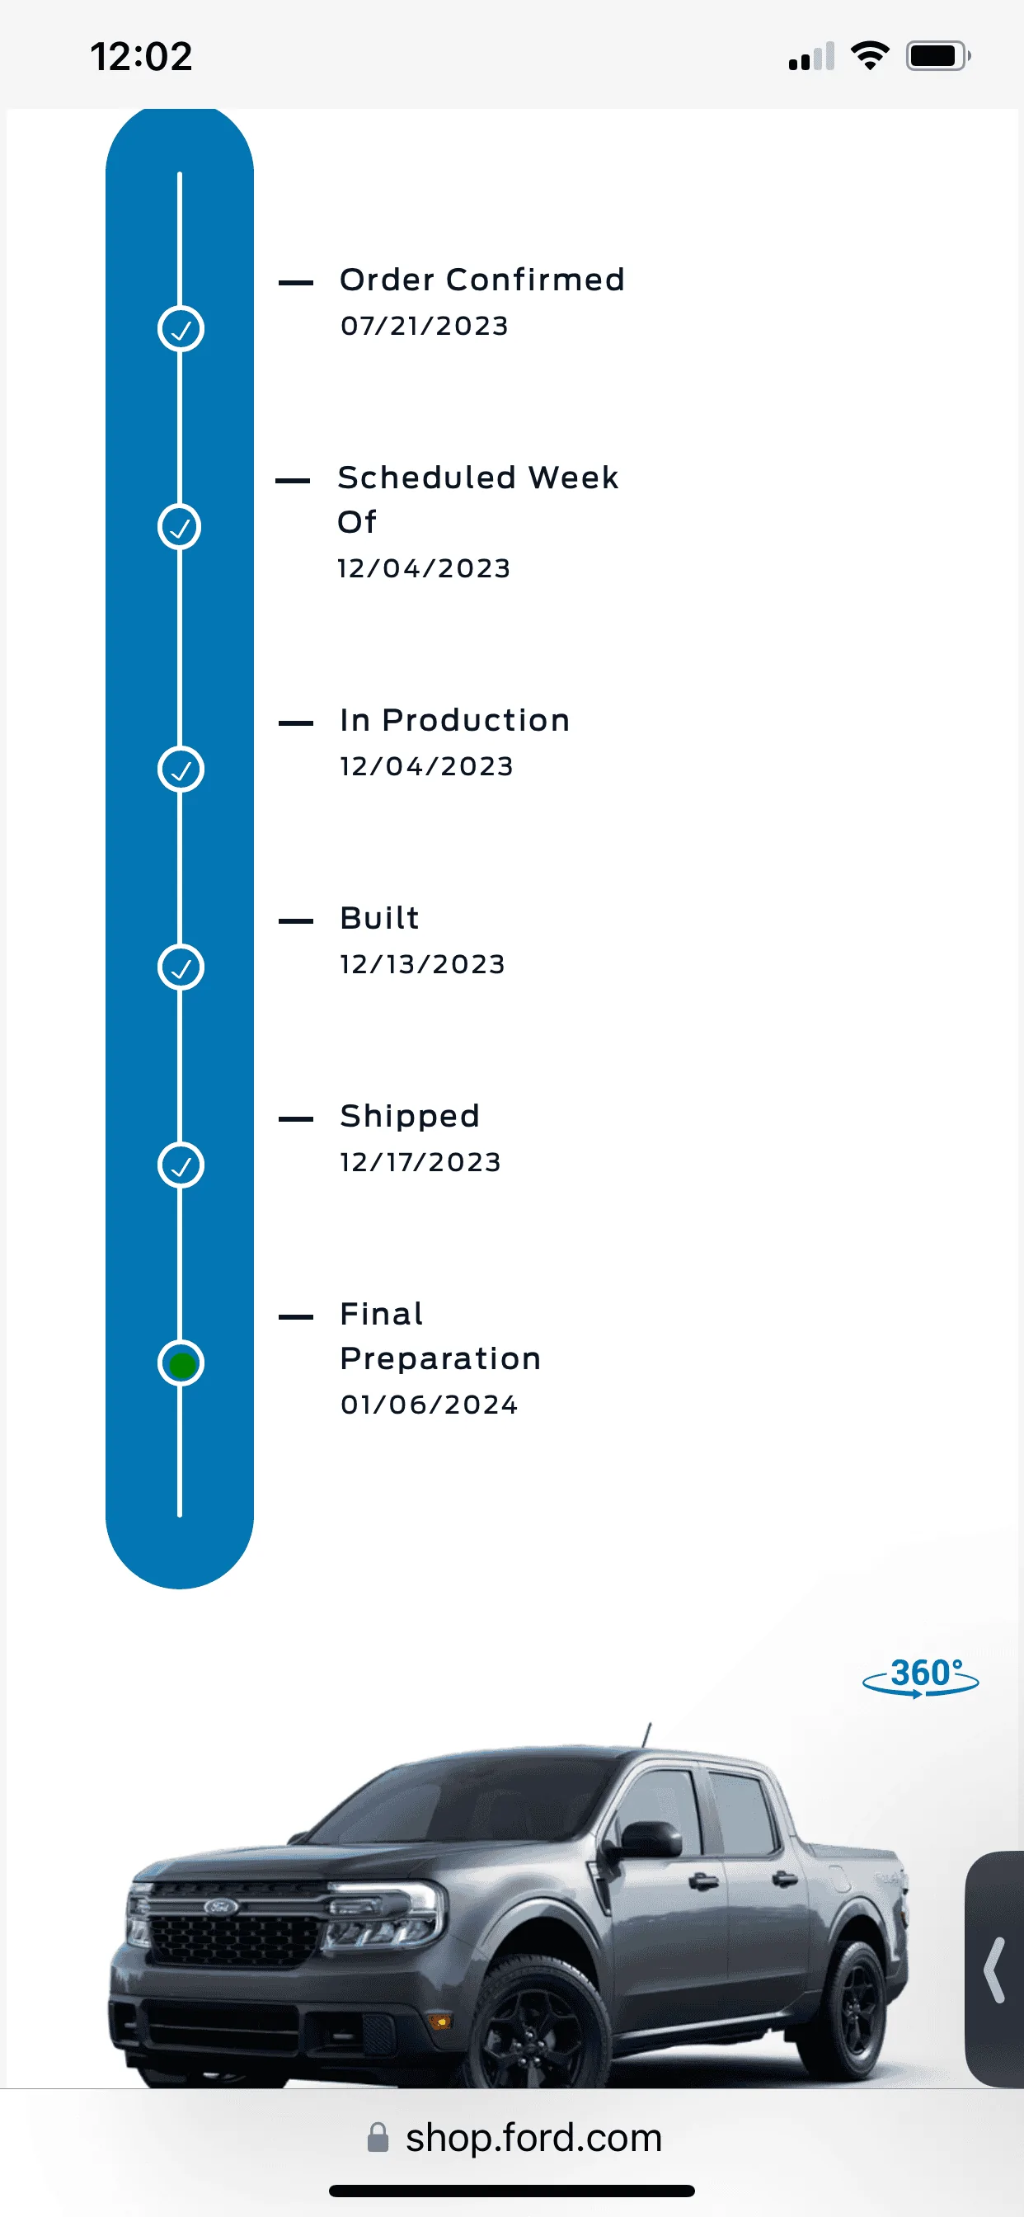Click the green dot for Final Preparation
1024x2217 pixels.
(x=181, y=1364)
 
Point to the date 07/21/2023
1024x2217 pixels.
(x=425, y=326)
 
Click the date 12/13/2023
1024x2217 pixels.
(x=422, y=965)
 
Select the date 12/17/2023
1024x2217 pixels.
(x=420, y=1163)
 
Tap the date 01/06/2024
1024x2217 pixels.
(x=430, y=1405)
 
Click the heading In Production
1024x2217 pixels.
(x=454, y=720)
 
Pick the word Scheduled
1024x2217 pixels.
(x=427, y=478)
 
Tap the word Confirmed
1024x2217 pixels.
(x=535, y=280)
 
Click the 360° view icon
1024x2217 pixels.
(x=921, y=1677)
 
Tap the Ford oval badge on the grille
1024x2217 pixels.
(x=220, y=1907)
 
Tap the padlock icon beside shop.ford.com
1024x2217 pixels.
(x=378, y=2138)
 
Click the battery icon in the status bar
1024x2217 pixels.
(x=938, y=56)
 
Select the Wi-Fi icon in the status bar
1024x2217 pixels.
(x=870, y=56)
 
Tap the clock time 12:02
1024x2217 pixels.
(x=141, y=57)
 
